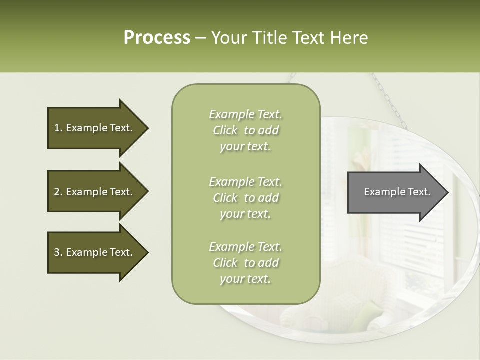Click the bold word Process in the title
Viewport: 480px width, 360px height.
[157, 38]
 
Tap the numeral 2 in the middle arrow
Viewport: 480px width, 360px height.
[57, 192]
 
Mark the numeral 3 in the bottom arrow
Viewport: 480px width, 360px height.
[57, 252]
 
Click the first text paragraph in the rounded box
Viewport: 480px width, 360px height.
[245, 130]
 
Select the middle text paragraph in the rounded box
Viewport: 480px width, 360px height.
[245, 198]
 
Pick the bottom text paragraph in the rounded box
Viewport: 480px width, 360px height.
[245, 263]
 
